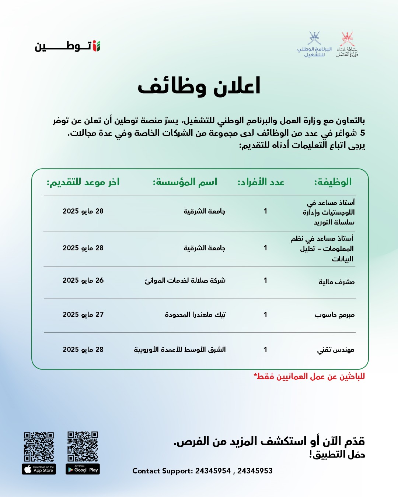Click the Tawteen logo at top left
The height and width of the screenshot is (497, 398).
click(68, 46)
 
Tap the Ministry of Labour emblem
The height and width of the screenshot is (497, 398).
click(347, 45)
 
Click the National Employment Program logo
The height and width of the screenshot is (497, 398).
click(314, 45)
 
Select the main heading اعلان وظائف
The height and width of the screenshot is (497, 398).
click(199, 87)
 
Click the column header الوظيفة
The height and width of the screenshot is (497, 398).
click(333, 182)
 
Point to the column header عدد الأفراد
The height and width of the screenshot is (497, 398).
click(261, 182)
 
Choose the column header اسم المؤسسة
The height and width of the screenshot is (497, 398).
click(185, 182)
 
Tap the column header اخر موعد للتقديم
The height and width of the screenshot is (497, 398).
click(83, 182)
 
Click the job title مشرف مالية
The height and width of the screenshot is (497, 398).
click(336, 282)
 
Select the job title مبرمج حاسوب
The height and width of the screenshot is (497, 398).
click(334, 315)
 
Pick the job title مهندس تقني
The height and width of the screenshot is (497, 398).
click(336, 350)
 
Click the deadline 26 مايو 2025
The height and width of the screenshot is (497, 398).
click(83, 281)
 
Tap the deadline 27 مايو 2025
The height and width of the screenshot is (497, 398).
click(83, 315)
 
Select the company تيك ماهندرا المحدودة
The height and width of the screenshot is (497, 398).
click(195, 315)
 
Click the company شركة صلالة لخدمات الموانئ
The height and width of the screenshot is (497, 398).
click(185, 281)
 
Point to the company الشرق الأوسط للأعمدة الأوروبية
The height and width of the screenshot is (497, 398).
click(179, 349)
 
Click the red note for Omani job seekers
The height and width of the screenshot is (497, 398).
click(309, 377)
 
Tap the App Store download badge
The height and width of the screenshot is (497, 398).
click(39, 469)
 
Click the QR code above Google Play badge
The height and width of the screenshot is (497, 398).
click(83, 447)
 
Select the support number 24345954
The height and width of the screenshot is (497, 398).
click(213, 471)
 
